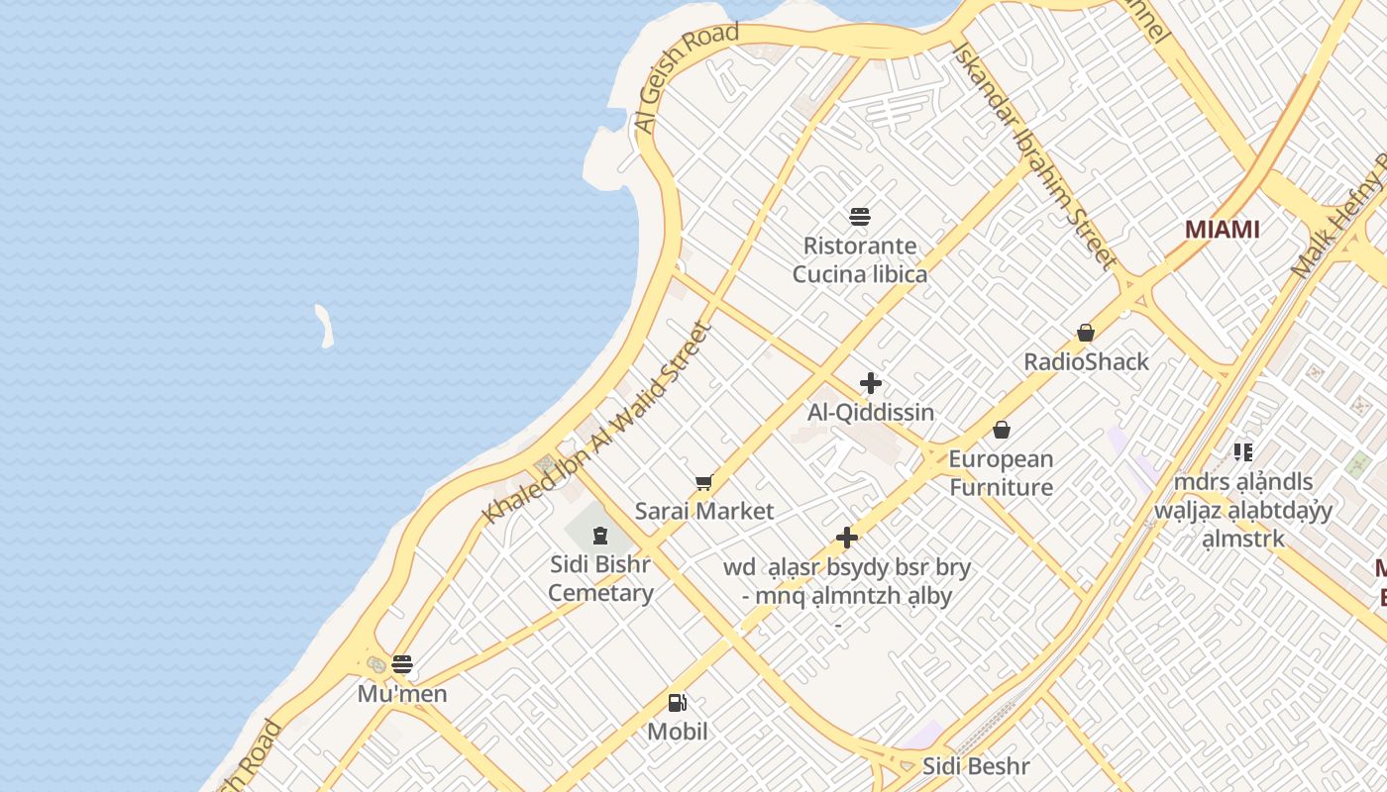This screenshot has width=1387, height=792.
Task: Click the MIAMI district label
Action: pyautogui.click(x=1222, y=230)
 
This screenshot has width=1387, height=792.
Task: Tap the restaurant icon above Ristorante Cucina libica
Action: pyautogui.click(x=859, y=217)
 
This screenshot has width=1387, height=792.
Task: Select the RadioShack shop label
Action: pyautogui.click(x=1086, y=361)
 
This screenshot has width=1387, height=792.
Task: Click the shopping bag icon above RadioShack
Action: pyautogui.click(x=1086, y=333)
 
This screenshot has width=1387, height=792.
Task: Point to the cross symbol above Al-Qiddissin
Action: pyautogui.click(x=871, y=383)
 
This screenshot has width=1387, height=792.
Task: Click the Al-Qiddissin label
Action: pyautogui.click(x=871, y=412)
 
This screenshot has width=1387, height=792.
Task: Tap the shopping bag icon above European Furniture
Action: pyautogui.click(x=1002, y=430)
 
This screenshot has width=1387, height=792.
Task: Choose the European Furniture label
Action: pyautogui.click(x=1001, y=473)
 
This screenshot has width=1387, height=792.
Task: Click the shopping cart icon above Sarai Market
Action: pyautogui.click(x=703, y=483)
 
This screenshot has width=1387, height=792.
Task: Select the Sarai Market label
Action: pyautogui.click(x=703, y=512)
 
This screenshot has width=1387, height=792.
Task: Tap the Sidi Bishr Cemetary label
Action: pyautogui.click(x=600, y=579)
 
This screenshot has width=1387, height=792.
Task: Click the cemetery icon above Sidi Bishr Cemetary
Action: pyautogui.click(x=599, y=536)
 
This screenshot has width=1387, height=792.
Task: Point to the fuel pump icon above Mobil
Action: pyautogui.click(x=678, y=703)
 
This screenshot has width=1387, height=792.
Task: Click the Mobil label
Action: pyautogui.click(x=678, y=732)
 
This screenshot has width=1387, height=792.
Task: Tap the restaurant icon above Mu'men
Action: pyautogui.click(x=401, y=663)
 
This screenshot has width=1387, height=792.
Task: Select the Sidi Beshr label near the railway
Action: pyautogui.click(x=976, y=766)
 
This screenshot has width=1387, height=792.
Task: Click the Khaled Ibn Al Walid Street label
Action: pyautogui.click(x=597, y=424)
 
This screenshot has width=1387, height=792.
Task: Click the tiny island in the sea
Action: pyautogui.click(x=324, y=326)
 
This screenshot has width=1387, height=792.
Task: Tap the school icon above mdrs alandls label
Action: pyautogui.click(x=1243, y=452)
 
